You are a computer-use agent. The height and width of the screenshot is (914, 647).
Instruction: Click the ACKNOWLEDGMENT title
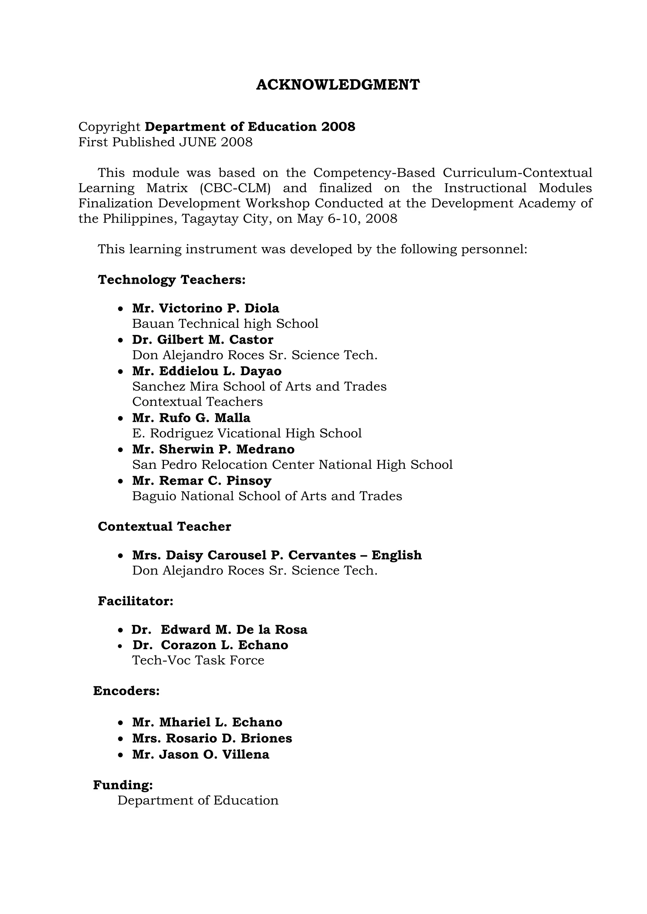coord(337,85)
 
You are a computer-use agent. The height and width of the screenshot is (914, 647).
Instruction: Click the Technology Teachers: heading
coord(172,280)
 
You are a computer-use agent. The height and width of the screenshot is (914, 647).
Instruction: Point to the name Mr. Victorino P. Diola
coord(206,308)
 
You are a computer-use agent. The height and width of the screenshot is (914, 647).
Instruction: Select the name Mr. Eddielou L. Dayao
coord(207,371)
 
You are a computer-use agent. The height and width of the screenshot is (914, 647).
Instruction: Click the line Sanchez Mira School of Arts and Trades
coord(259,386)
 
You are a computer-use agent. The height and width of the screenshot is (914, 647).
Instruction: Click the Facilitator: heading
coord(136,601)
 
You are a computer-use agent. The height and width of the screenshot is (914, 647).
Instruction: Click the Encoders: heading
coord(126,691)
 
